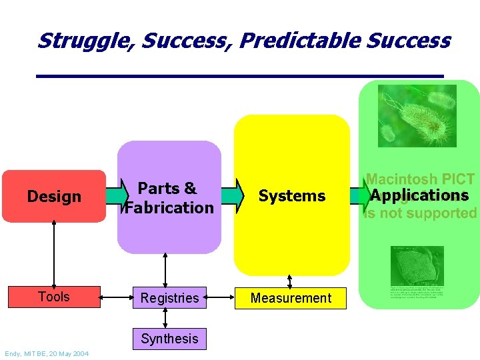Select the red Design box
pyautogui.click(x=54, y=196)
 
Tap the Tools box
pyautogui.click(x=54, y=297)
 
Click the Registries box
pyautogui.click(x=169, y=298)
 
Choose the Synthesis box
pyautogui.click(x=169, y=339)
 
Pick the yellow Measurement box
pyautogui.click(x=291, y=298)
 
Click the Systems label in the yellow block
pyautogui.click(x=292, y=196)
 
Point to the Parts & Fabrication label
pyautogui.click(x=169, y=198)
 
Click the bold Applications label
pyautogui.click(x=420, y=195)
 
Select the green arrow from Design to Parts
pyautogui.click(x=115, y=195)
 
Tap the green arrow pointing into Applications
pyautogui.click(x=360, y=195)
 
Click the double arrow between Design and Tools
pyautogui.click(x=54, y=254)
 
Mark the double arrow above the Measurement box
pyautogui.click(x=289, y=280)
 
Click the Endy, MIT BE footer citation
pyautogui.click(x=46, y=353)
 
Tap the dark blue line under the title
pyautogui.click(x=240, y=75)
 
